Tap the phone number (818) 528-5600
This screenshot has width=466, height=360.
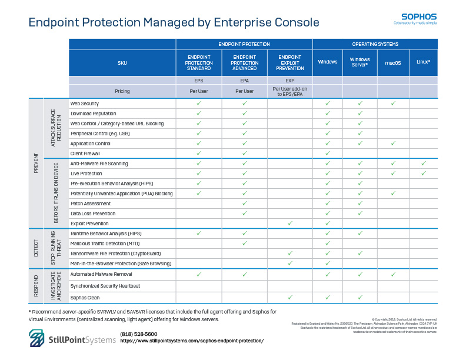coord(138,334)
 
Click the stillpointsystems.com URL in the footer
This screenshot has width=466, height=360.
coord(192,341)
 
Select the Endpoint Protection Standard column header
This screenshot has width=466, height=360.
coord(198,62)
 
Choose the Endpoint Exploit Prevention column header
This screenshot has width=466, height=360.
coord(289,62)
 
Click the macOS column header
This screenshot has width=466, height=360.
coord(393,62)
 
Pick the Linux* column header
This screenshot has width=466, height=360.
coord(423,62)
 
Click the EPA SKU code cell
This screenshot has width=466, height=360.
coord(244,81)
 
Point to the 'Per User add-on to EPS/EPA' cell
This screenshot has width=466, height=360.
coord(289,91)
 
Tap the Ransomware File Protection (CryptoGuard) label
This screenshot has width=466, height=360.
coord(115,254)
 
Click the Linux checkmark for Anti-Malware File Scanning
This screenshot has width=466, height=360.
coord(423,164)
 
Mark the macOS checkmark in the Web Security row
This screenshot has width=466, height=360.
coord(393,104)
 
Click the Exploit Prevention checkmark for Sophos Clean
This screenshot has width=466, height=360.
coord(289,297)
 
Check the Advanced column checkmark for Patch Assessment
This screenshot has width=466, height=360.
coord(244,204)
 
